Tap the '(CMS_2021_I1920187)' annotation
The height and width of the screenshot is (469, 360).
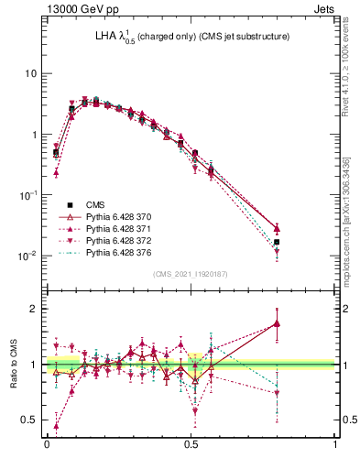click(x=191, y=273)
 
